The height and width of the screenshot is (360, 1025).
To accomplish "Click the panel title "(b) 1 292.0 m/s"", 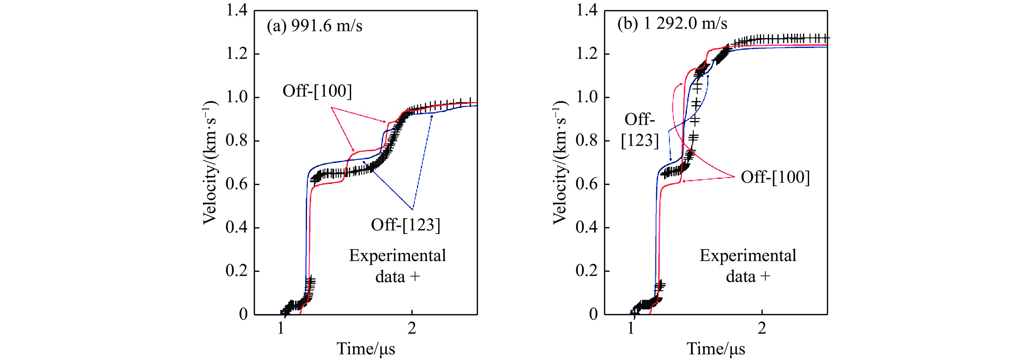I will click(672, 24).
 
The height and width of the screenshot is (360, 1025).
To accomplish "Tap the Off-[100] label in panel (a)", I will click(317, 91).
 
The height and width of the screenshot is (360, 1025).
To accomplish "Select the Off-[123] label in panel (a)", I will click(405, 225).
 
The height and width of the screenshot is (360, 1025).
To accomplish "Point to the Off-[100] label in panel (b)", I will click(775, 177).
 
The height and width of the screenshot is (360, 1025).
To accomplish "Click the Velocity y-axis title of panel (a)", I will click(210, 162).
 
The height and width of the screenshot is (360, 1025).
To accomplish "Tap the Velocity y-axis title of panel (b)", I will click(560, 162).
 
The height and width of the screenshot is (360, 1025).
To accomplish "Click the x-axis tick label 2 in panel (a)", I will click(412, 329).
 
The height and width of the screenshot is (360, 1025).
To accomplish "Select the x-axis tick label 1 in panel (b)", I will click(631, 329).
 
